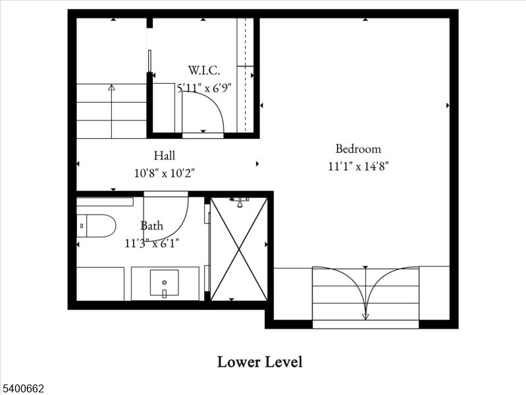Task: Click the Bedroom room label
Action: pyautogui.click(x=357, y=149)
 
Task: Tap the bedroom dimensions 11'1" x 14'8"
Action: pyautogui.click(x=358, y=167)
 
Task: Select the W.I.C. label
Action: pyautogui.click(x=203, y=70)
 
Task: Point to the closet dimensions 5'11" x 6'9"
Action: pyautogui.click(x=203, y=88)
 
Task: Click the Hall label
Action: pyautogui.click(x=165, y=156)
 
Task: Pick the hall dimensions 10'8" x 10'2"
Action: pyautogui.click(x=165, y=173)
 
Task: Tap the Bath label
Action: pyautogui.click(x=151, y=226)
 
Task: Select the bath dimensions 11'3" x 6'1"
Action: pyautogui.click(x=152, y=243)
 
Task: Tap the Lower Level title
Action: pyautogui.click(x=259, y=361)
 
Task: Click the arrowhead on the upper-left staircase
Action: pyautogui.click(x=111, y=86)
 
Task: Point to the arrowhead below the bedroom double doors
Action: pyautogui.click(x=365, y=317)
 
